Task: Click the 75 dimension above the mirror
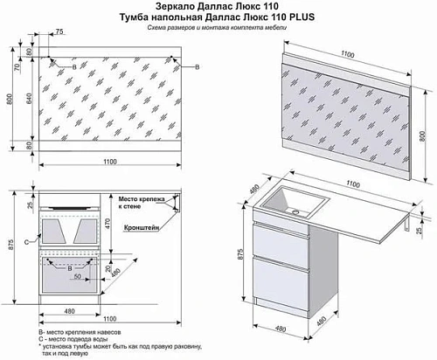click(x=59, y=32)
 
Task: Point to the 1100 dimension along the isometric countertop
click(x=354, y=184)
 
